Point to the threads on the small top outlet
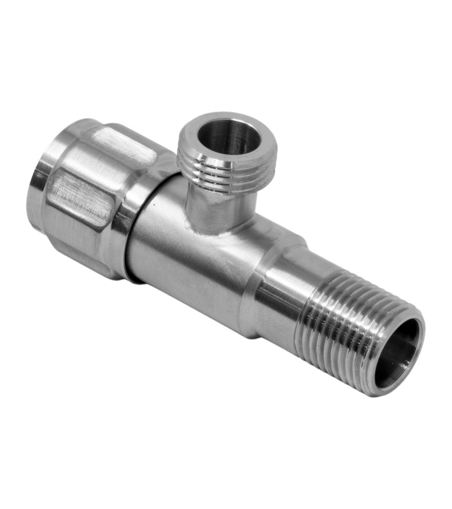tap(226, 170)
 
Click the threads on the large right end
tap(339, 328)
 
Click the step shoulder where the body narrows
tap(257, 266)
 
